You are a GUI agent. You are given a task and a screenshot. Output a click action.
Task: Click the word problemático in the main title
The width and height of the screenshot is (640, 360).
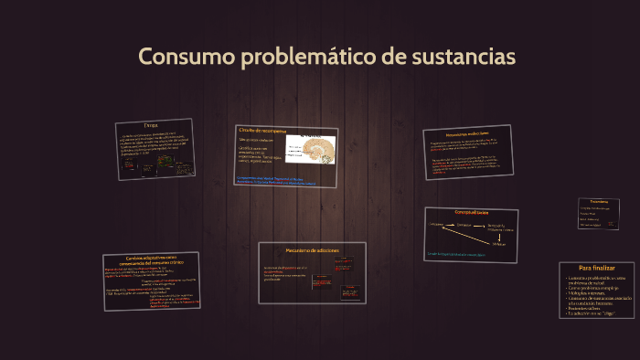click(305, 57)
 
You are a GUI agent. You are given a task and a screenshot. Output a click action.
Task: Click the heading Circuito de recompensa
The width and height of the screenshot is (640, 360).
click(262, 131)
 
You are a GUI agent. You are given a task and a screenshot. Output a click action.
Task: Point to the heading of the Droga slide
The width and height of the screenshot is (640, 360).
click(151, 125)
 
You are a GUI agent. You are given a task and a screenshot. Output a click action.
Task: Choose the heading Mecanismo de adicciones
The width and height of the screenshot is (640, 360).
click(312, 249)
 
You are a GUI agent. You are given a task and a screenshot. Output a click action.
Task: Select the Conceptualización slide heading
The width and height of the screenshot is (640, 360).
click(472, 212)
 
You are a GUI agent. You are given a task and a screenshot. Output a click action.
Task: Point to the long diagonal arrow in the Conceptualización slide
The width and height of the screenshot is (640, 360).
click(470, 236)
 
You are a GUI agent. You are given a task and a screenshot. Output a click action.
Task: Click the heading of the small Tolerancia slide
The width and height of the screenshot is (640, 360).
click(599, 201)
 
